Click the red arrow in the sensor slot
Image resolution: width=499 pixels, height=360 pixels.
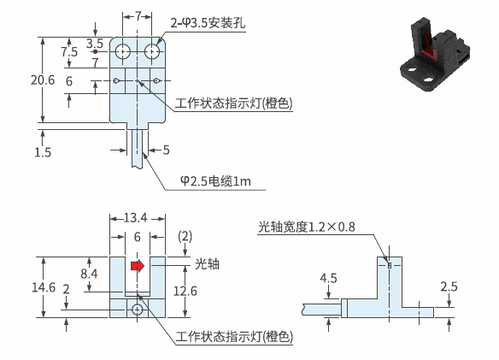pos(138,266)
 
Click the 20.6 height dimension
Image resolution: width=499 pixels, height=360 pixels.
pos(43,80)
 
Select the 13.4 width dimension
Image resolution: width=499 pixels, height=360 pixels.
pos(135,218)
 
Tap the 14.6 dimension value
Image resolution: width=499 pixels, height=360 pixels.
pos(44,287)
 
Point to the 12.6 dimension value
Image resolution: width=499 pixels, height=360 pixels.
pos(185,291)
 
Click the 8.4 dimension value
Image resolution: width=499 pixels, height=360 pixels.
pos(89,274)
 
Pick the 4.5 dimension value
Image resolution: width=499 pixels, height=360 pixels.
pos(328,278)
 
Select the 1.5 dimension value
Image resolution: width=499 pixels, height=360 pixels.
pos(43,152)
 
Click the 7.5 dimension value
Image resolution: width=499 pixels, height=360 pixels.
pos(69,51)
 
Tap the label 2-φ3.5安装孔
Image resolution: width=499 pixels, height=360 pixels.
pos(208,23)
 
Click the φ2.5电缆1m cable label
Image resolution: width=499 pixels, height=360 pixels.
pos(215,181)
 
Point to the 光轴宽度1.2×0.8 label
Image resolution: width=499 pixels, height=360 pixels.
pos(307,227)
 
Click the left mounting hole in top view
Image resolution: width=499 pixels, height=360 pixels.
pos(123,51)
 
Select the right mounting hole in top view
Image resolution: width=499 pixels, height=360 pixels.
pos(152,51)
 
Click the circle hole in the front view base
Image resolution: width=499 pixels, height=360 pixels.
pos(138,309)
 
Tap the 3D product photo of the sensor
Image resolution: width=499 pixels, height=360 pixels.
pos(435,56)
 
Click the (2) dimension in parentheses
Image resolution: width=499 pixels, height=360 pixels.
pos(185,236)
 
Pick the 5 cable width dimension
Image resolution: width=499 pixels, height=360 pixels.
pos(166,150)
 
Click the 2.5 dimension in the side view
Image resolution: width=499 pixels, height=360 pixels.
pos(449,286)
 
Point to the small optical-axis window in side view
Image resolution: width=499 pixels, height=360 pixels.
pos(390,265)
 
